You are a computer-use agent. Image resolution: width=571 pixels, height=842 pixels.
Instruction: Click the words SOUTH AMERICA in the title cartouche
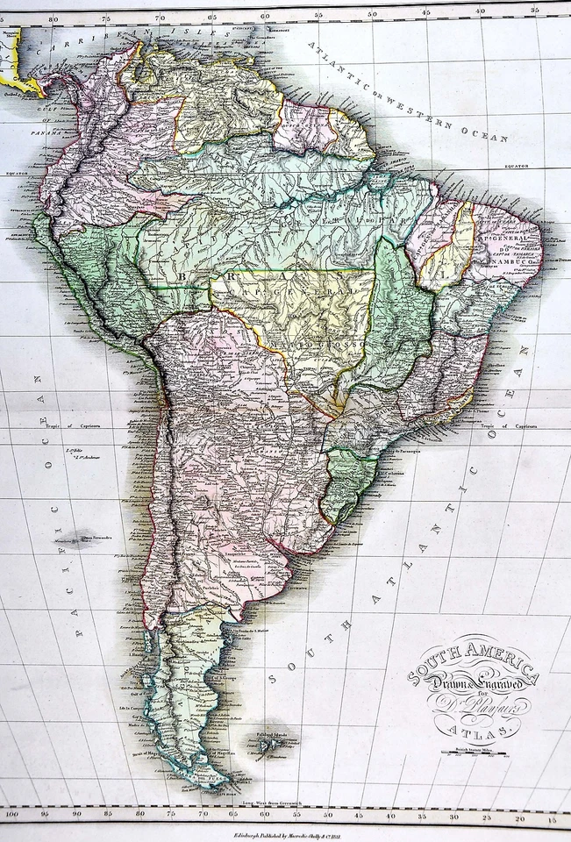click(x=473, y=660)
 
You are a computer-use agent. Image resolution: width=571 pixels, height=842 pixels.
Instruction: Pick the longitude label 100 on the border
click(x=11, y=816)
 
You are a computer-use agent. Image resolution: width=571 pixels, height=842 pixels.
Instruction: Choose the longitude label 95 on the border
click(x=46, y=816)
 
